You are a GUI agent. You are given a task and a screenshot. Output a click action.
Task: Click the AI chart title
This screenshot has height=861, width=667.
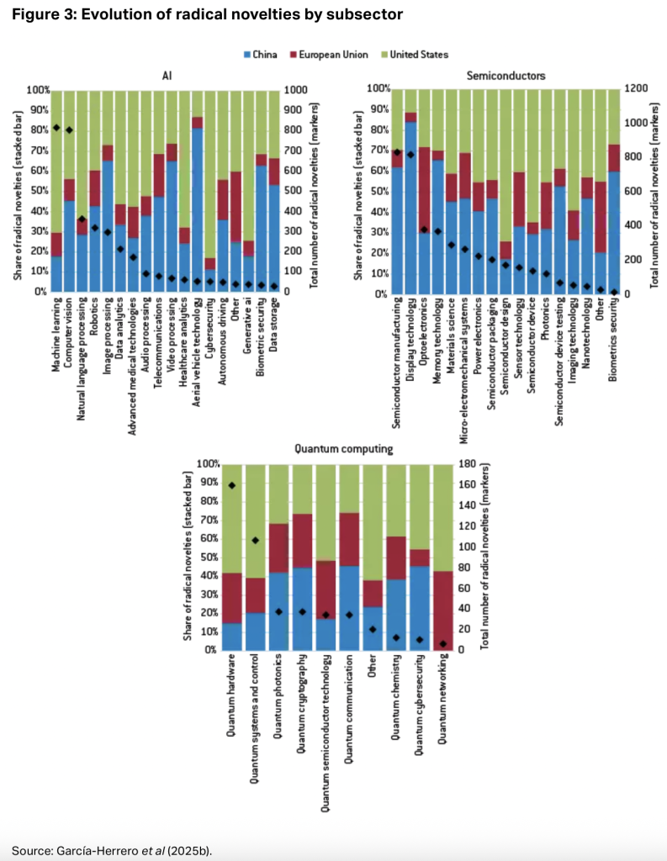[167, 75]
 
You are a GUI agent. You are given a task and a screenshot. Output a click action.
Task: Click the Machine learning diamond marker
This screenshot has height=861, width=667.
[56, 128]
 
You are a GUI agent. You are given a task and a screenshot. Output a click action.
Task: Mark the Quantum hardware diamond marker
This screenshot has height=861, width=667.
[231, 485]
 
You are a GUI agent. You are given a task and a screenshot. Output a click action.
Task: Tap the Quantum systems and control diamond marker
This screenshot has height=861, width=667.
[256, 540]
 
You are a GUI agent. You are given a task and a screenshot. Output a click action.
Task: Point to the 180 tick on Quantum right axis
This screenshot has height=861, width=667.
[490, 463]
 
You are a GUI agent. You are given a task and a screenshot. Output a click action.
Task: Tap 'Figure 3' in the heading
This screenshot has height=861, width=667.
[38, 15]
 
